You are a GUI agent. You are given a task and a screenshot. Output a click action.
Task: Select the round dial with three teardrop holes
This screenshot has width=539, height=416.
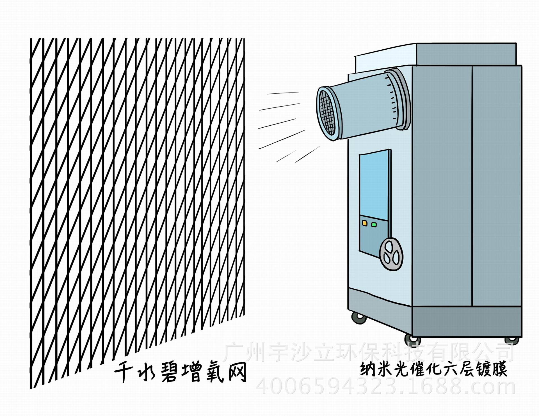click(391, 254)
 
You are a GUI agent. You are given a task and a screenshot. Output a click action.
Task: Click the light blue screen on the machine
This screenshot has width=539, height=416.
click(374, 184)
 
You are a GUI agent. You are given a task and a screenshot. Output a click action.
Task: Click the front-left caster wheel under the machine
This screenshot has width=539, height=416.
click(359, 318)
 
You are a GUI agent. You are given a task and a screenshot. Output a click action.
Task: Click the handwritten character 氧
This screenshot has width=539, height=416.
click(213, 372)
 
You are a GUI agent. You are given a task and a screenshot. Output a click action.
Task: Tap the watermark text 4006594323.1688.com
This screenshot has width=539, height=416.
click(386, 387)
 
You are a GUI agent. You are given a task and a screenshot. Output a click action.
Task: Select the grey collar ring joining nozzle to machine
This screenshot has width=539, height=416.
click(400, 100)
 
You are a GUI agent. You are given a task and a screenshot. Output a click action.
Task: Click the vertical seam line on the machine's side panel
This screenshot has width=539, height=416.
click(472, 185)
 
